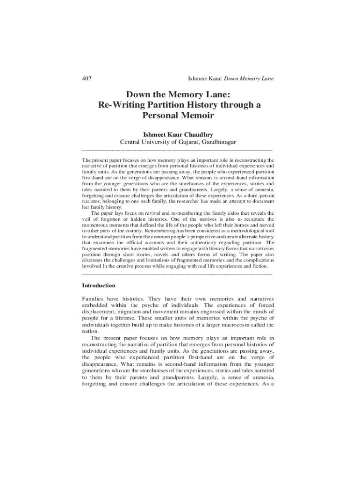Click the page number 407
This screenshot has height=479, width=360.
(86, 78)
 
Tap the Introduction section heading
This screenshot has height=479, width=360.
(99, 285)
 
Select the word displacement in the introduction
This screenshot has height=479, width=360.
(101, 312)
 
